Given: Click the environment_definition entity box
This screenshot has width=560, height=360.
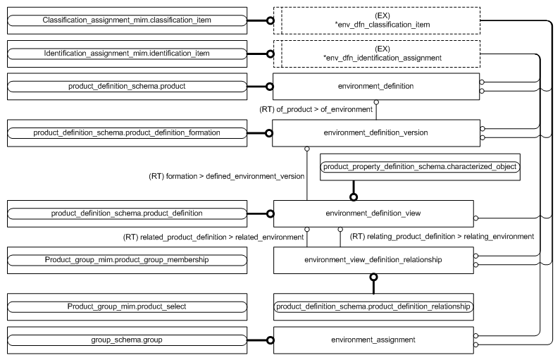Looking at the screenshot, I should click(x=375, y=86).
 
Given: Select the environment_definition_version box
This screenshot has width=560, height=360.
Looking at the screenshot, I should click(x=375, y=132).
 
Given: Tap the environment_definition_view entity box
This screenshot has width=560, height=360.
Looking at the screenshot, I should click(x=375, y=213).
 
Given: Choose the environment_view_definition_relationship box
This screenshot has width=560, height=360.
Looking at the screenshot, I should click(x=373, y=260).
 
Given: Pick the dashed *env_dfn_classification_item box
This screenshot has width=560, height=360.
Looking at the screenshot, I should click(x=382, y=20).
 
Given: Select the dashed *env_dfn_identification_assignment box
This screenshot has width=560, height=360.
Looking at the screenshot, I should click(x=382, y=54).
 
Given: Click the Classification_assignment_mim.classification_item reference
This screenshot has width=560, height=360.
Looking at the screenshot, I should click(x=127, y=20).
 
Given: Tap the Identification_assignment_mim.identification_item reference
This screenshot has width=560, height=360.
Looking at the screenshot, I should click(x=127, y=54).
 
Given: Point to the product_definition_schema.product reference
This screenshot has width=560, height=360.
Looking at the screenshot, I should click(x=127, y=86).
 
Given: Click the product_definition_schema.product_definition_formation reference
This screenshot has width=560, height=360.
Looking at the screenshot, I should click(x=127, y=132).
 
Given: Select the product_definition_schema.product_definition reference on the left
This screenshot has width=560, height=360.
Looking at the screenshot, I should click(x=127, y=213).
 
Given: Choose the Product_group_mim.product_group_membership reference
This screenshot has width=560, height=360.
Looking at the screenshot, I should click(x=127, y=260).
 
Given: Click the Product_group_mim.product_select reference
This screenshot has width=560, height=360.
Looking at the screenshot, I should click(x=127, y=306).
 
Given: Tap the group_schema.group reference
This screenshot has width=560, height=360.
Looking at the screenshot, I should click(x=127, y=340).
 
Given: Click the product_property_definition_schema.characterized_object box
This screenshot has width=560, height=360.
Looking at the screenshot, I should click(x=420, y=167).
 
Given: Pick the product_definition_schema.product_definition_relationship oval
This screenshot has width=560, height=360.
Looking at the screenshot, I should click(x=373, y=306).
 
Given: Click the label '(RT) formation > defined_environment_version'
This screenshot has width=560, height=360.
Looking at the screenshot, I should click(x=217, y=174).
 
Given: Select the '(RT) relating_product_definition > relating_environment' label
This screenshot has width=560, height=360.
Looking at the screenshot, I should click(x=442, y=236).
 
